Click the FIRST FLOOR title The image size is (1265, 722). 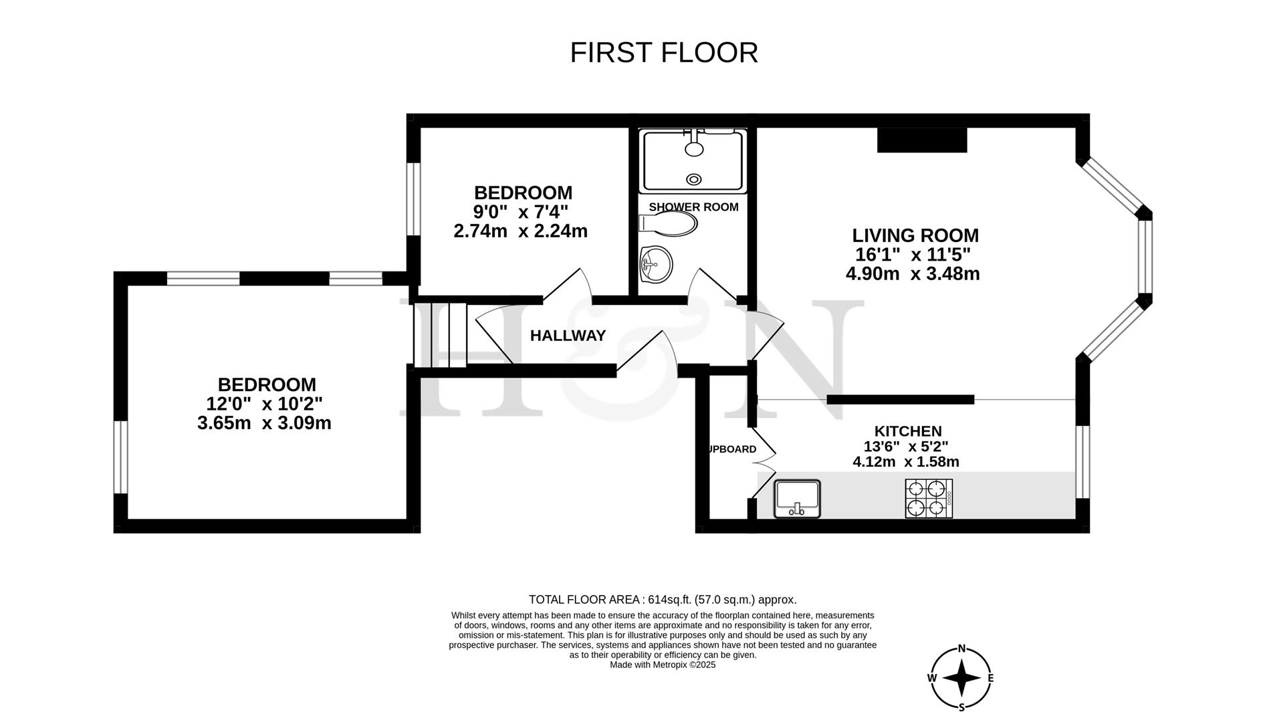pos(663,53)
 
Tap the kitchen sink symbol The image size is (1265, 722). pos(797,499)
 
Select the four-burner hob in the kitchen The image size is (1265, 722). pos(929,499)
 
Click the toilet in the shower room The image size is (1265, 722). pos(668,224)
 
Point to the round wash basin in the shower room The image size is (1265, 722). pos(656,263)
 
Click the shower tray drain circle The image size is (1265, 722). pos(694,178)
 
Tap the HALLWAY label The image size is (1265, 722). pos(568,336)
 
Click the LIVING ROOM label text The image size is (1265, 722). pos(915,235)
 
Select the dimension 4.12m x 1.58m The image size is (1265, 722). pos(906,462)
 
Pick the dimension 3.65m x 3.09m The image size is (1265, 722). pos(264,423)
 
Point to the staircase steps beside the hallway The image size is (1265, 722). pos(440,334)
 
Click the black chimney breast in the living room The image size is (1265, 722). pos(922,140)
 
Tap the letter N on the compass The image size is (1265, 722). pos(961,648)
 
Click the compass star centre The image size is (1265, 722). pos(961,678)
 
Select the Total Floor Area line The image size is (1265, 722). pos(662,600)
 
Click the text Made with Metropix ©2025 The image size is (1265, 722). pos(662,665)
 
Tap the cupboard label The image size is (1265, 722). pos(732,449)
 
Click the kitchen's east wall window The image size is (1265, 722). pos(1082,462)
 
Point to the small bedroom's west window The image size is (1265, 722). pos(413,199)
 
